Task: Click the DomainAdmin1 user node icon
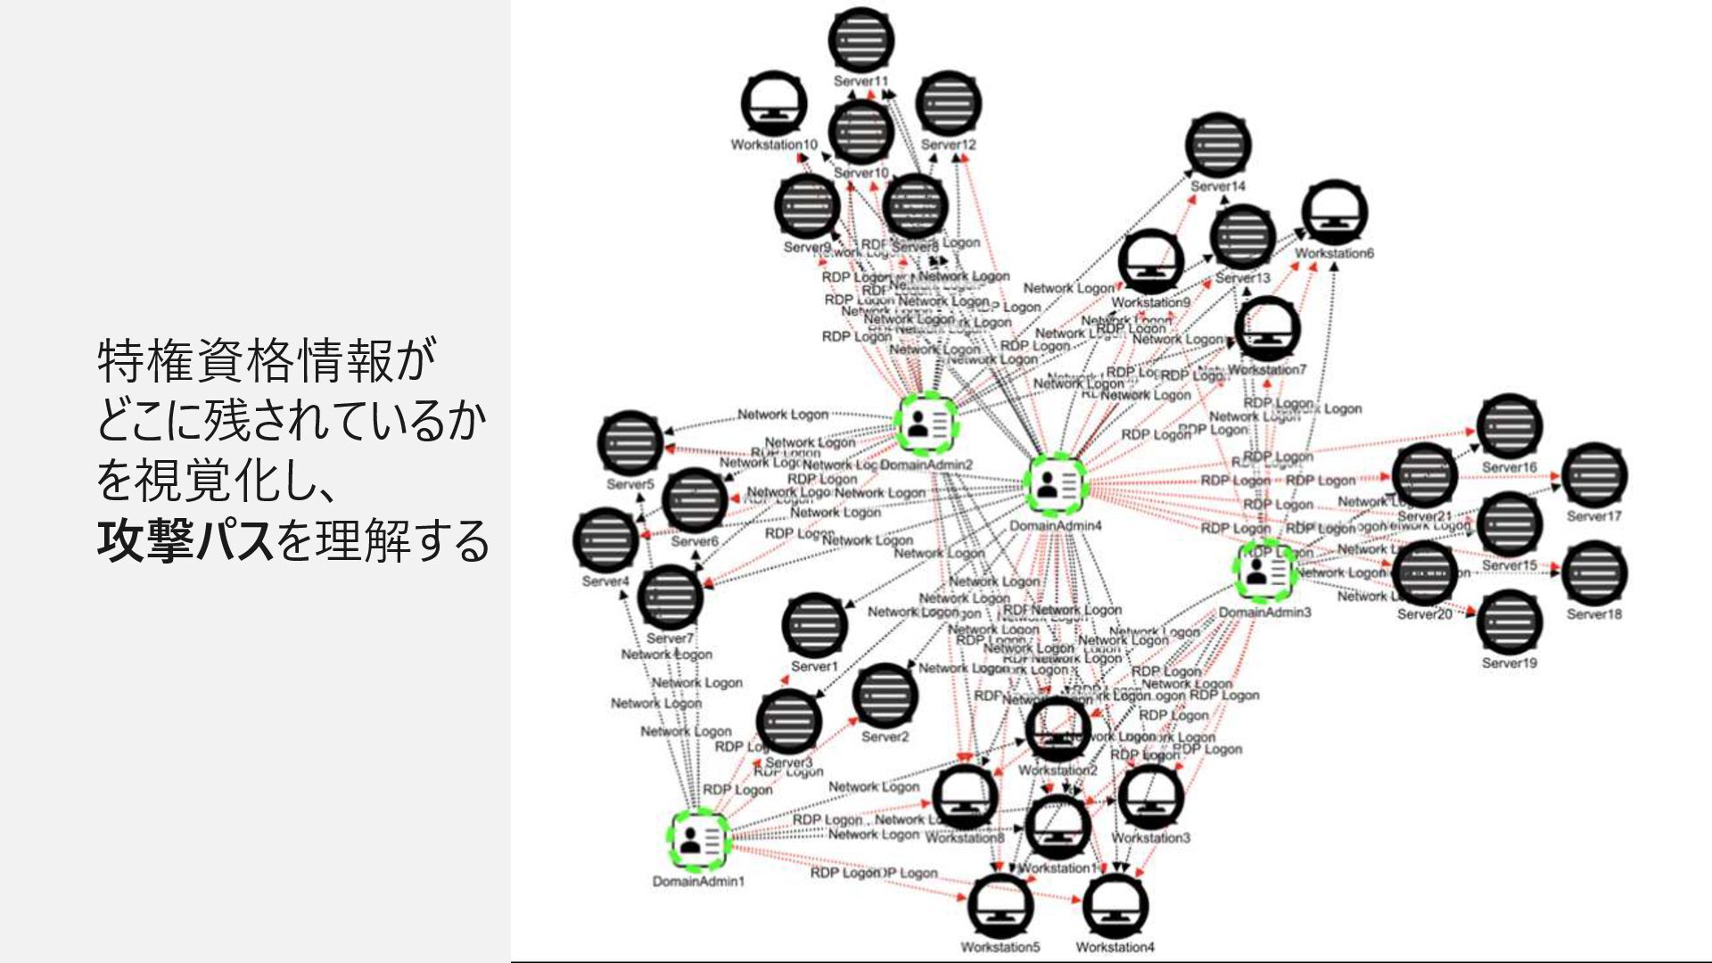pos(700,840)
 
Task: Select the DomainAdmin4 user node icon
pos(1056,485)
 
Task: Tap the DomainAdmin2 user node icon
pos(927,422)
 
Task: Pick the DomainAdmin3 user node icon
pos(1266,572)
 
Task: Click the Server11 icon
pos(860,40)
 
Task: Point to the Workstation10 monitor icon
pos(774,105)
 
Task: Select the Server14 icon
pos(1218,145)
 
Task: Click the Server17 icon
pos(1594,475)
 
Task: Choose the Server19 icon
pos(1509,622)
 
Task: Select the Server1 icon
pos(814,625)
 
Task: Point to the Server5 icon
pos(630,443)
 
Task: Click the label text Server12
pos(948,144)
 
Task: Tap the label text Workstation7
pos(1266,370)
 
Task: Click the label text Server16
pos(1509,467)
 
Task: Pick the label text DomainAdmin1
pos(698,882)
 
